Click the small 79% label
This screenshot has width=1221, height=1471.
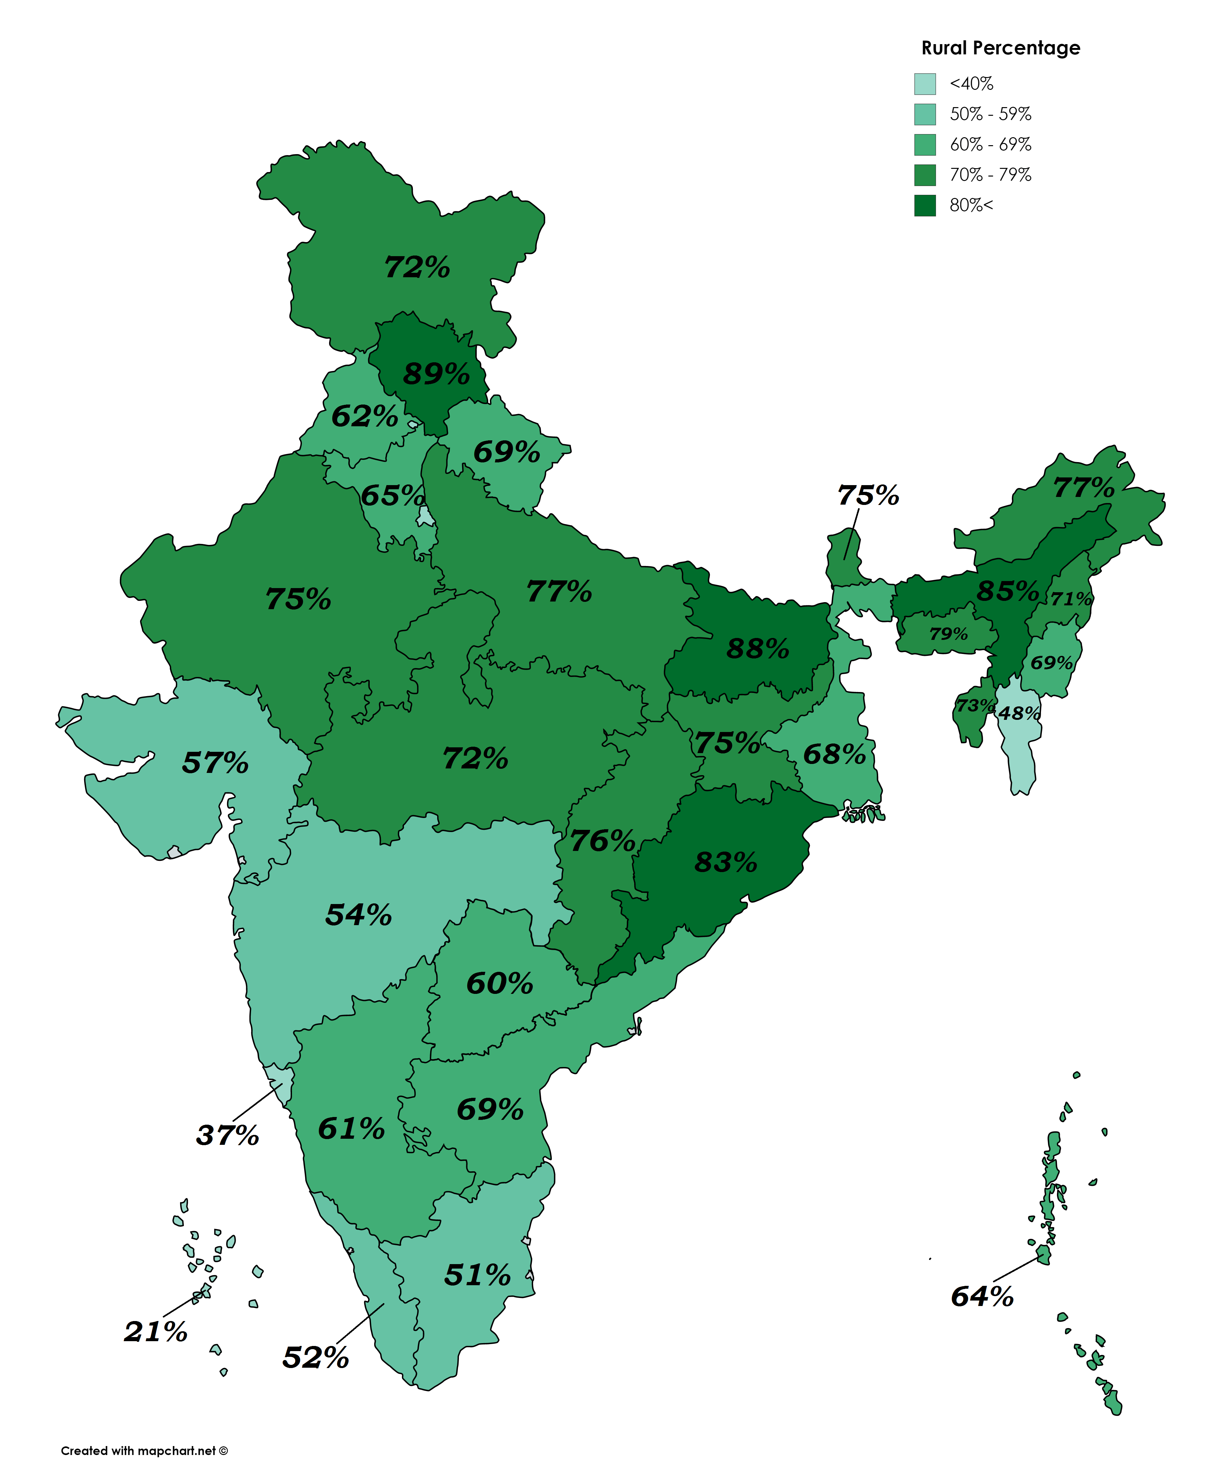tap(949, 634)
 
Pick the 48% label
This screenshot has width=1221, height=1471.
tap(1019, 713)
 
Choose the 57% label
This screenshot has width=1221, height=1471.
tap(215, 763)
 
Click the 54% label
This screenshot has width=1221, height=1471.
tap(359, 915)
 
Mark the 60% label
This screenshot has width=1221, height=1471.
tap(500, 983)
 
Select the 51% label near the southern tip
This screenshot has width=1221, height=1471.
tap(477, 1275)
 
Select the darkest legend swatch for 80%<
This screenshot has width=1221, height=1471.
tap(925, 205)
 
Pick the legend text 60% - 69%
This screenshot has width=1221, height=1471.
tap(990, 144)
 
